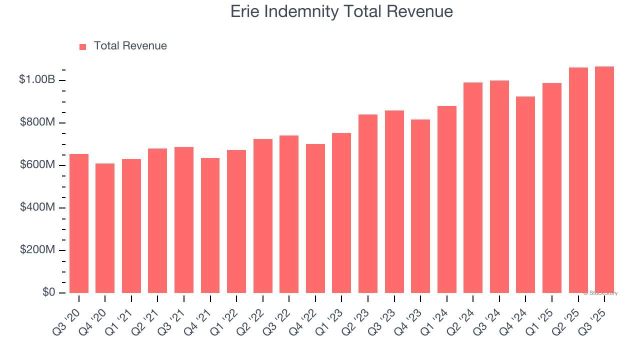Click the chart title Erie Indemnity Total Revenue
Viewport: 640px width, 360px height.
point(341,11)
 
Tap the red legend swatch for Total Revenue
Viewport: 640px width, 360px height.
point(83,46)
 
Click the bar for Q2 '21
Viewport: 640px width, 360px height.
point(157,220)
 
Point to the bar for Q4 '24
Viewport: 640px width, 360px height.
point(525,194)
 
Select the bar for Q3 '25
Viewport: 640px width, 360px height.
point(604,179)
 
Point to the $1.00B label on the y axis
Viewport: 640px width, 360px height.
point(37,79)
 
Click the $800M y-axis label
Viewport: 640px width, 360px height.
point(37,122)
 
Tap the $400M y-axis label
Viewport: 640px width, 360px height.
point(37,207)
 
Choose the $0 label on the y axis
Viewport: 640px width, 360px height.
point(48,292)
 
